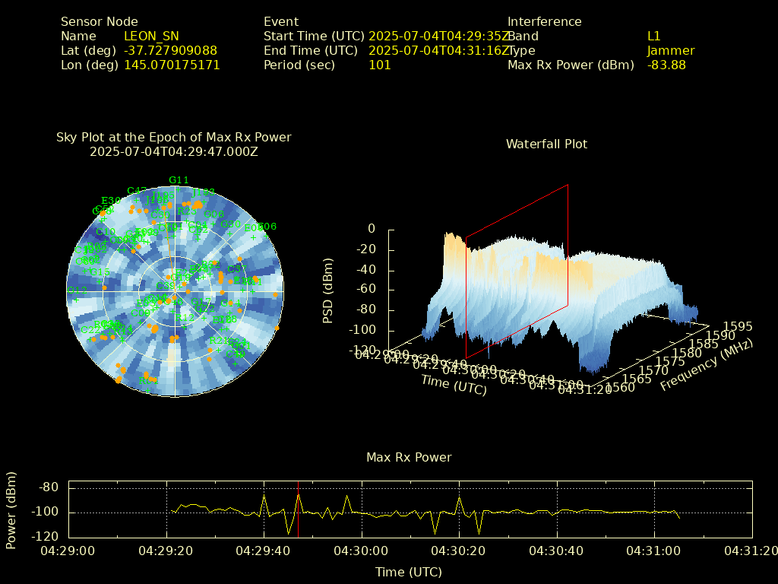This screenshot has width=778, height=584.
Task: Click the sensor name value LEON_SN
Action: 151,36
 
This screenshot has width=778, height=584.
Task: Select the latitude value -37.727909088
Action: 170,50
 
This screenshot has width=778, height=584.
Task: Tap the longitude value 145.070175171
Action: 172,65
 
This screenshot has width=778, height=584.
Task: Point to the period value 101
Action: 379,65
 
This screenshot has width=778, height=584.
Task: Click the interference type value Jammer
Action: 671,50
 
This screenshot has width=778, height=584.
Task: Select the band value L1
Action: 653,36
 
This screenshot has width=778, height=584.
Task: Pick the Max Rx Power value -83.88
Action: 666,65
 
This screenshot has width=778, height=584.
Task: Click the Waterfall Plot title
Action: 546,144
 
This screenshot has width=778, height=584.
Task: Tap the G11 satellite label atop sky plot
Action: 179,180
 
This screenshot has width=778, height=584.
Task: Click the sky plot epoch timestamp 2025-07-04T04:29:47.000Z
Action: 174,151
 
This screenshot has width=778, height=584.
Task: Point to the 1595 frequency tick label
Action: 738,326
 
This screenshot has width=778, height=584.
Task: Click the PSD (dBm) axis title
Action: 328,289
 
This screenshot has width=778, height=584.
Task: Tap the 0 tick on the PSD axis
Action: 372,228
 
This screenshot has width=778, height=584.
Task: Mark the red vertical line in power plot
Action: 298,509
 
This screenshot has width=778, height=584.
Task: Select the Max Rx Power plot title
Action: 409,457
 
